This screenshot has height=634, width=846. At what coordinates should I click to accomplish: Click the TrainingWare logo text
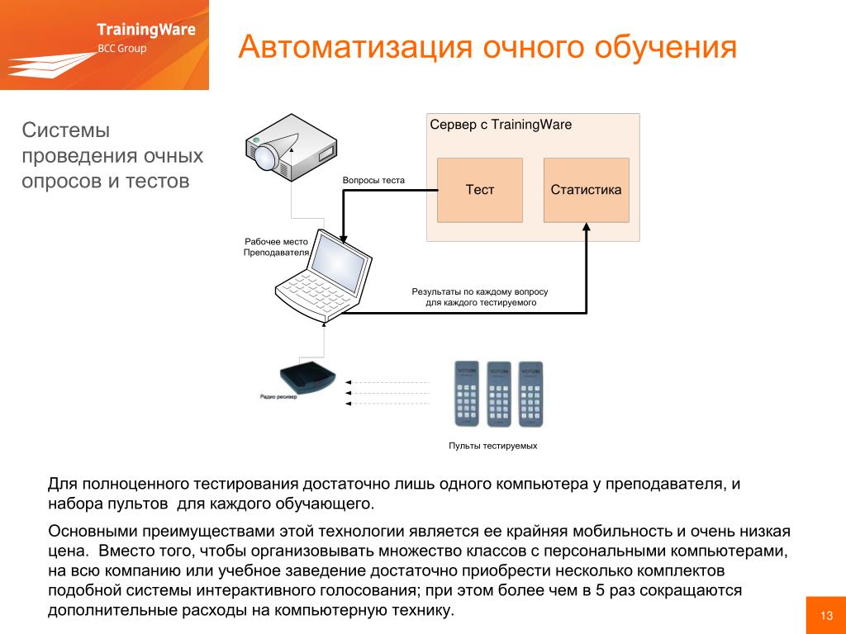click(x=146, y=31)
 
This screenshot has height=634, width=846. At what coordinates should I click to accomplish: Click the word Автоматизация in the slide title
click(x=346, y=47)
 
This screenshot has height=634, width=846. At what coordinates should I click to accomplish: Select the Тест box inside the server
click(x=479, y=190)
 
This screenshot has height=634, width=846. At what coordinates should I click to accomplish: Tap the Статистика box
click(x=586, y=190)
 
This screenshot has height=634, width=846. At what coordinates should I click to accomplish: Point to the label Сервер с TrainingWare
click(x=501, y=125)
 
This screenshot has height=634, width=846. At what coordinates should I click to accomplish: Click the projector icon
click(x=290, y=149)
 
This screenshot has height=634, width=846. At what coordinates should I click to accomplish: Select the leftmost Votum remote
click(x=468, y=393)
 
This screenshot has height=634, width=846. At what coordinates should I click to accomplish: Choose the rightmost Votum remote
click(x=530, y=393)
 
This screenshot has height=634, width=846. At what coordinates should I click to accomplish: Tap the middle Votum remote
click(x=499, y=393)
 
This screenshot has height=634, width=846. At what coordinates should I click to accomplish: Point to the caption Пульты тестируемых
click(x=493, y=446)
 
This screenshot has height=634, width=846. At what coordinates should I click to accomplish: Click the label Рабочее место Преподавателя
click(x=276, y=247)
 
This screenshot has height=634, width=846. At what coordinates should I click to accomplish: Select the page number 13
click(x=825, y=616)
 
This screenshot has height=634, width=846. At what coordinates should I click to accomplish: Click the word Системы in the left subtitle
click(x=66, y=130)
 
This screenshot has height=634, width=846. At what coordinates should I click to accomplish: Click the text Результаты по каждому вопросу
click(x=480, y=292)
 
